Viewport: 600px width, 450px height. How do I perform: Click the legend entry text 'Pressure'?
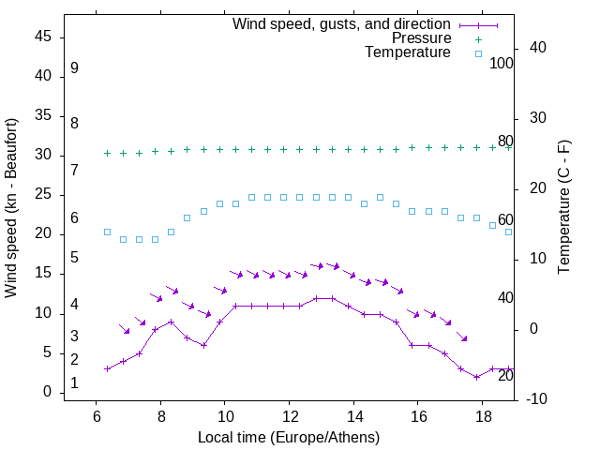click(x=422, y=38)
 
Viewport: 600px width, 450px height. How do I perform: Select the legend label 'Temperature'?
click(x=408, y=53)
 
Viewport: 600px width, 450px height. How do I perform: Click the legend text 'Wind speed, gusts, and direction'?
click(x=342, y=23)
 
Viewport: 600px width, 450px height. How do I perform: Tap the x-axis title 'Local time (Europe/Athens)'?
click(x=289, y=437)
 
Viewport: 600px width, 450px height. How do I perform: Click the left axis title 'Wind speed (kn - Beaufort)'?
click(x=11, y=208)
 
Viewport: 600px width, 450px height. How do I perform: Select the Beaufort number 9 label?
click(x=74, y=68)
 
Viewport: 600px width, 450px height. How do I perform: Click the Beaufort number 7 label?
click(x=74, y=170)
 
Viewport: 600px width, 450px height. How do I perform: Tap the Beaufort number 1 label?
click(x=74, y=383)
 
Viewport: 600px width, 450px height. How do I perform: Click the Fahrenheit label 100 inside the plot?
click(x=502, y=64)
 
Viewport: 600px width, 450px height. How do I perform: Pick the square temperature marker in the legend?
click(x=478, y=53)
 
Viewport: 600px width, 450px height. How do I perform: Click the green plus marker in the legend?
click(x=478, y=38)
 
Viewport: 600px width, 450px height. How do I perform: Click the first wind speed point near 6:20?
click(x=107, y=368)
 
